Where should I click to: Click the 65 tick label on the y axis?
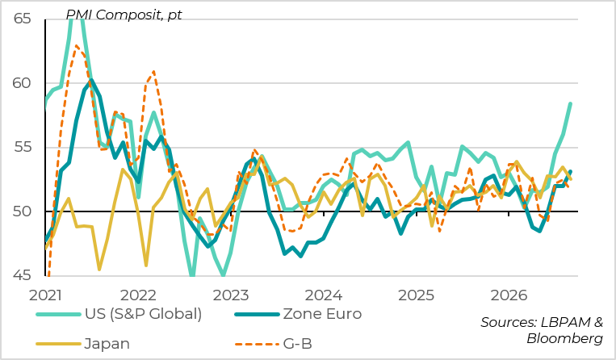click(x=22, y=19)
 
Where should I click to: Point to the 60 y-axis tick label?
click(x=22, y=83)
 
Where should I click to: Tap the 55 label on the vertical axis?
click(x=22, y=147)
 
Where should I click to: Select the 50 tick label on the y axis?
click(x=22, y=211)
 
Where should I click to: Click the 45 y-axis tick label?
click(x=22, y=275)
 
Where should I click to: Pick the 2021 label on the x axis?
click(x=45, y=295)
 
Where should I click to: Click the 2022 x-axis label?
click(x=138, y=295)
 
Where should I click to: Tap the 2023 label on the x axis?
click(x=231, y=295)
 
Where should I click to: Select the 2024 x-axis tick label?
click(x=324, y=295)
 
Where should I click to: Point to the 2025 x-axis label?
click(x=416, y=295)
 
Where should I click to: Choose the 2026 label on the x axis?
click(x=509, y=295)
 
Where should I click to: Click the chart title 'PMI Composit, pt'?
click(x=124, y=15)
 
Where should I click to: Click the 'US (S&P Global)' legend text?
click(x=144, y=314)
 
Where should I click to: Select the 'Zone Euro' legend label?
click(x=322, y=314)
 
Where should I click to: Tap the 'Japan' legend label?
click(x=107, y=344)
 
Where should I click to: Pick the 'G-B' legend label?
click(x=297, y=344)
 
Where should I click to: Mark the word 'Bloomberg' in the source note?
click(x=564, y=338)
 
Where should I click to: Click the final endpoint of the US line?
click(x=570, y=103)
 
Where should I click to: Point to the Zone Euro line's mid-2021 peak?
click(x=91, y=81)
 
